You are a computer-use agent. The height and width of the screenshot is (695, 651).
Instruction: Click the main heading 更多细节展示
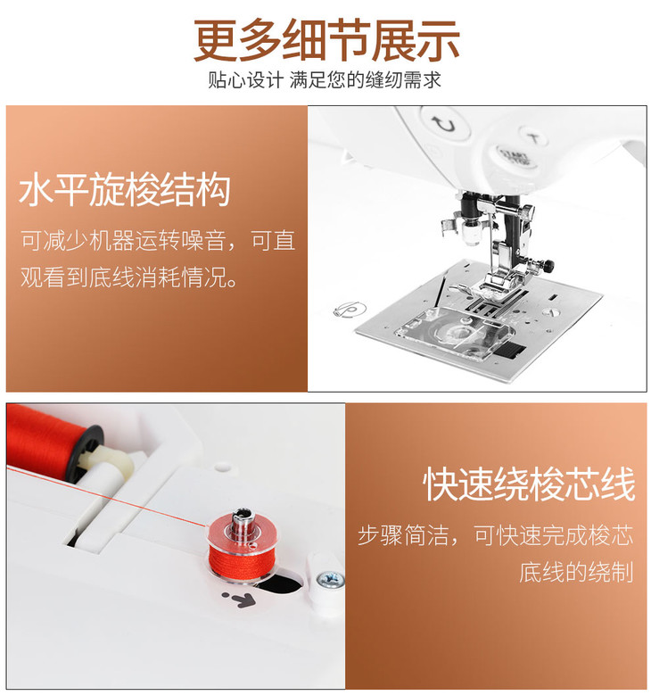click(x=326, y=41)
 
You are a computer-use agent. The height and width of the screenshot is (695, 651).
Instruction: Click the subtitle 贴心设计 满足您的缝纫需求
click(x=325, y=80)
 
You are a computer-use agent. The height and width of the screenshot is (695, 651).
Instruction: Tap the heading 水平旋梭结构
click(x=125, y=190)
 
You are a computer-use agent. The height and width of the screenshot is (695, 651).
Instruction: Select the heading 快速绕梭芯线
click(x=529, y=484)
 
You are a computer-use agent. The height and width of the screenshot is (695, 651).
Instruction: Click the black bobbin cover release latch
click(x=509, y=351)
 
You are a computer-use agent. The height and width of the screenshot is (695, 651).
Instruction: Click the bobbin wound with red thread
click(x=240, y=544)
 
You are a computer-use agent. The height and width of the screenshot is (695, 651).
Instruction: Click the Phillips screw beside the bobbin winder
click(x=330, y=579)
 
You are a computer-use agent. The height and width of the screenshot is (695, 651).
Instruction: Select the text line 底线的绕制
click(x=576, y=572)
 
